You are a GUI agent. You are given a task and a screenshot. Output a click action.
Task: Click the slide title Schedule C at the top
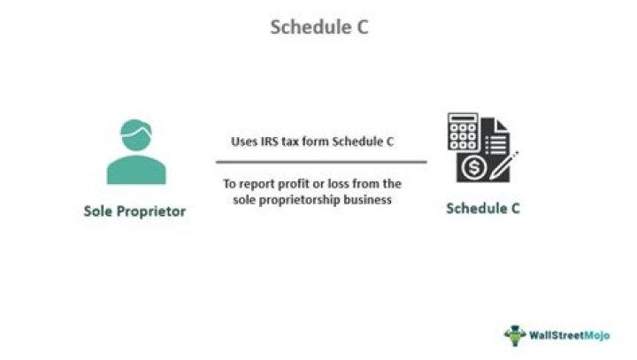pyautogui.click(x=318, y=27)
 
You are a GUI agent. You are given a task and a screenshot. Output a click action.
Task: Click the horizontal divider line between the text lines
pyautogui.click(x=320, y=162)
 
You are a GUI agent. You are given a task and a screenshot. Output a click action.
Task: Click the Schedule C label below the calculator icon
pyautogui.click(x=482, y=210)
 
